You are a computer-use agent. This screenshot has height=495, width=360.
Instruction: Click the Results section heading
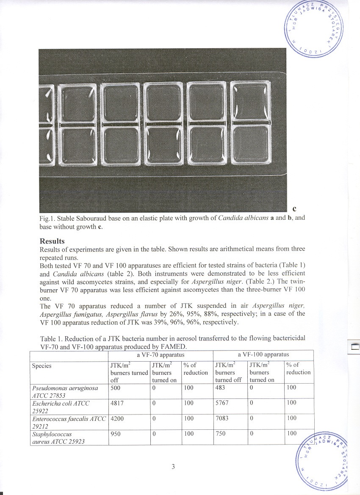click(52, 241)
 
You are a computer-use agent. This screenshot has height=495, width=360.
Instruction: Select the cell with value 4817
click(116, 403)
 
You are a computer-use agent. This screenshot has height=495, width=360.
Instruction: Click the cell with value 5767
click(222, 403)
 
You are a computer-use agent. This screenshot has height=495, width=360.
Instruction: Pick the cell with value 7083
click(222, 418)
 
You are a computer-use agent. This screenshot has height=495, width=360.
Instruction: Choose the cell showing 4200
click(116, 418)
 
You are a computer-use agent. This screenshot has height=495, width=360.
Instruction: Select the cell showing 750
click(220, 434)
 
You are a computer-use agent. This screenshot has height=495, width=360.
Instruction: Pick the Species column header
click(42, 366)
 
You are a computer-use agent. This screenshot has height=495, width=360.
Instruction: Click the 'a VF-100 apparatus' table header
click(263, 355)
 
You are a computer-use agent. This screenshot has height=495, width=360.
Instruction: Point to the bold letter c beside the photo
click(294, 208)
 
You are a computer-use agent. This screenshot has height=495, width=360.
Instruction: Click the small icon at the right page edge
click(354, 348)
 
